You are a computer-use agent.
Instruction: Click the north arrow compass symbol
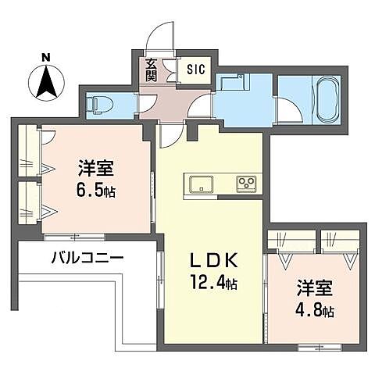[46, 80]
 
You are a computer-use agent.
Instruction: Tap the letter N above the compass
[46, 56]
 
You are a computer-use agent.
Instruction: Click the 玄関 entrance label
[151, 70]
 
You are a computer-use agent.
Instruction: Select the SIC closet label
[195, 70]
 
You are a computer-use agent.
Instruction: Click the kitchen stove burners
[248, 184]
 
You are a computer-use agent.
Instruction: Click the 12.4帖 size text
[211, 284]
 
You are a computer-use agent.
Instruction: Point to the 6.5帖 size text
[96, 190]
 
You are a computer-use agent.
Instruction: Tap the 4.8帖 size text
[315, 310]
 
